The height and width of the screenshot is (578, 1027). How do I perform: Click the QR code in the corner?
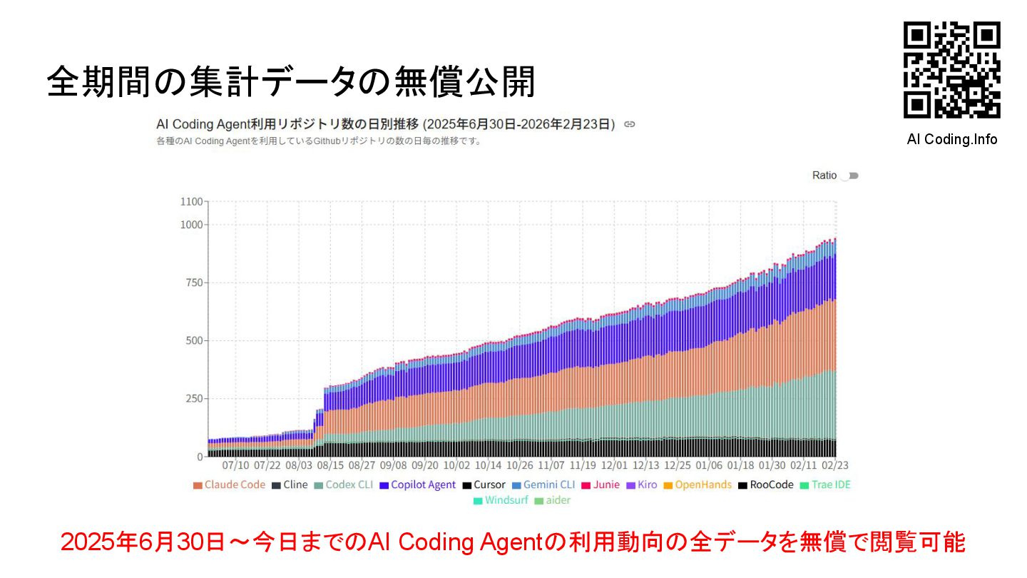[x=951, y=70]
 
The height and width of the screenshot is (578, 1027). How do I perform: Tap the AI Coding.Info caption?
[x=951, y=139]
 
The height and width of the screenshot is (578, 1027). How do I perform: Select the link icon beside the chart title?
[x=629, y=124]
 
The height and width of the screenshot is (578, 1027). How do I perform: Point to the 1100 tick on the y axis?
[x=191, y=201]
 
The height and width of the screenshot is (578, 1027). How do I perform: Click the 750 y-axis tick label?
[x=193, y=283]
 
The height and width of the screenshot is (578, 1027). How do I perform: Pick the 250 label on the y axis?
[x=193, y=398]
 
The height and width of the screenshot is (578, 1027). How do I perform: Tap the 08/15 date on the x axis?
[x=330, y=465]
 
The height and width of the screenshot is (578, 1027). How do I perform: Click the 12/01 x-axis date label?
[x=614, y=465]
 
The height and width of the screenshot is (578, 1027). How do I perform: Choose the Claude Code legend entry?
[x=229, y=485]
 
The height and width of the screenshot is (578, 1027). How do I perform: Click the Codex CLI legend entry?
[x=343, y=485]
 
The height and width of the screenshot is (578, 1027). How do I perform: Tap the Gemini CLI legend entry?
[x=543, y=485]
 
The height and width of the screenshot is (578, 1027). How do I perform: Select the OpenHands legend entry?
[x=698, y=485]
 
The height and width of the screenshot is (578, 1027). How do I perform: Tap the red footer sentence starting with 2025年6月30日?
[x=513, y=542]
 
